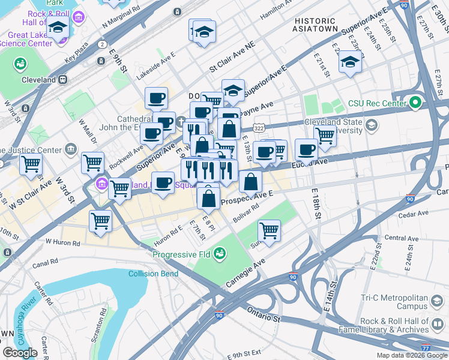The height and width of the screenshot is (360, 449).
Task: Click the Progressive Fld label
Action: [x=181, y=254]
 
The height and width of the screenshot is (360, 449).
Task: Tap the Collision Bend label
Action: [x=153, y=274]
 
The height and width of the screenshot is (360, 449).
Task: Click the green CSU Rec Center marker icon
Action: [x=414, y=103]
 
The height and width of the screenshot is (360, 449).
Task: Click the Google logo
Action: [x=20, y=353]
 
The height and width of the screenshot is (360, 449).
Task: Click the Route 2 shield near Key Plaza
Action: [x=102, y=44]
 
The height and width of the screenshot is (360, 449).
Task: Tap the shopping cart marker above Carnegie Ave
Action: [x=270, y=229]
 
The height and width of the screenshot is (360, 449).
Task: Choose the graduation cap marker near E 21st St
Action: [x=350, y=62]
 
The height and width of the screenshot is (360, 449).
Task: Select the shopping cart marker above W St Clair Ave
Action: [x=31, y=164]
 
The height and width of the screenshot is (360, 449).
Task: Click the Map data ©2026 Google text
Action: [x=411, y=355]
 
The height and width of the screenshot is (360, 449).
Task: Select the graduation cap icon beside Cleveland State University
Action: [x=372, y=125]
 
